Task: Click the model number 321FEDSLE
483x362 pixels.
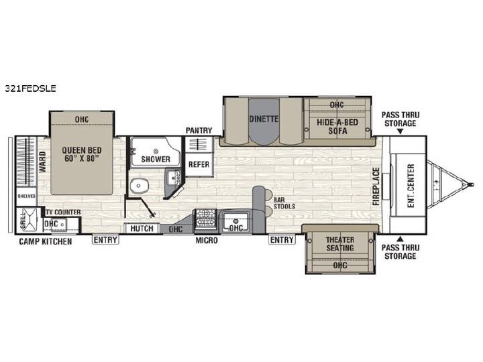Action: (x=30, y=88)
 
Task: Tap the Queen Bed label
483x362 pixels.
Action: (x=82, y=155)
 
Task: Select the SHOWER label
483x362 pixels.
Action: (x=156, y=159)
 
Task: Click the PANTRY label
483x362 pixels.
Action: (x=199, y=131)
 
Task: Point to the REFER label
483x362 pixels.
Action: (x=199, y=164)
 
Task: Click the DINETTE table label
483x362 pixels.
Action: (x=264, y=119)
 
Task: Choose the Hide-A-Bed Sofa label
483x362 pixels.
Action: (x=337, y=127)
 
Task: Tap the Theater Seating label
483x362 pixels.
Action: (x=340, y=243)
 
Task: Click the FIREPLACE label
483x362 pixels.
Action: (x=376, y=186)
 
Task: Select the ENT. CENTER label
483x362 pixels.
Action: (x=411, y=186)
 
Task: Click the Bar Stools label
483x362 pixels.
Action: (x=284, y=204)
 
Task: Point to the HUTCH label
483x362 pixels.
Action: (x=142, y=229)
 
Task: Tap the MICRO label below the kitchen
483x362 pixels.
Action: (x=207, y=240)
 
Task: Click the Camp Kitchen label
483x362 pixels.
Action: (x=46, y=241)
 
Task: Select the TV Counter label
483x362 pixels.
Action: (x=64, y=212)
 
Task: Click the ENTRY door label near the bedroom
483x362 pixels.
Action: (x=105, y=240)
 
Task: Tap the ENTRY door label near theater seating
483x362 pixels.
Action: (x=282, y=240)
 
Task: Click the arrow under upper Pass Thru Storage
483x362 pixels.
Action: (x=400, y=132)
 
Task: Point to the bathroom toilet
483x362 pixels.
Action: (x=140, y=186)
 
